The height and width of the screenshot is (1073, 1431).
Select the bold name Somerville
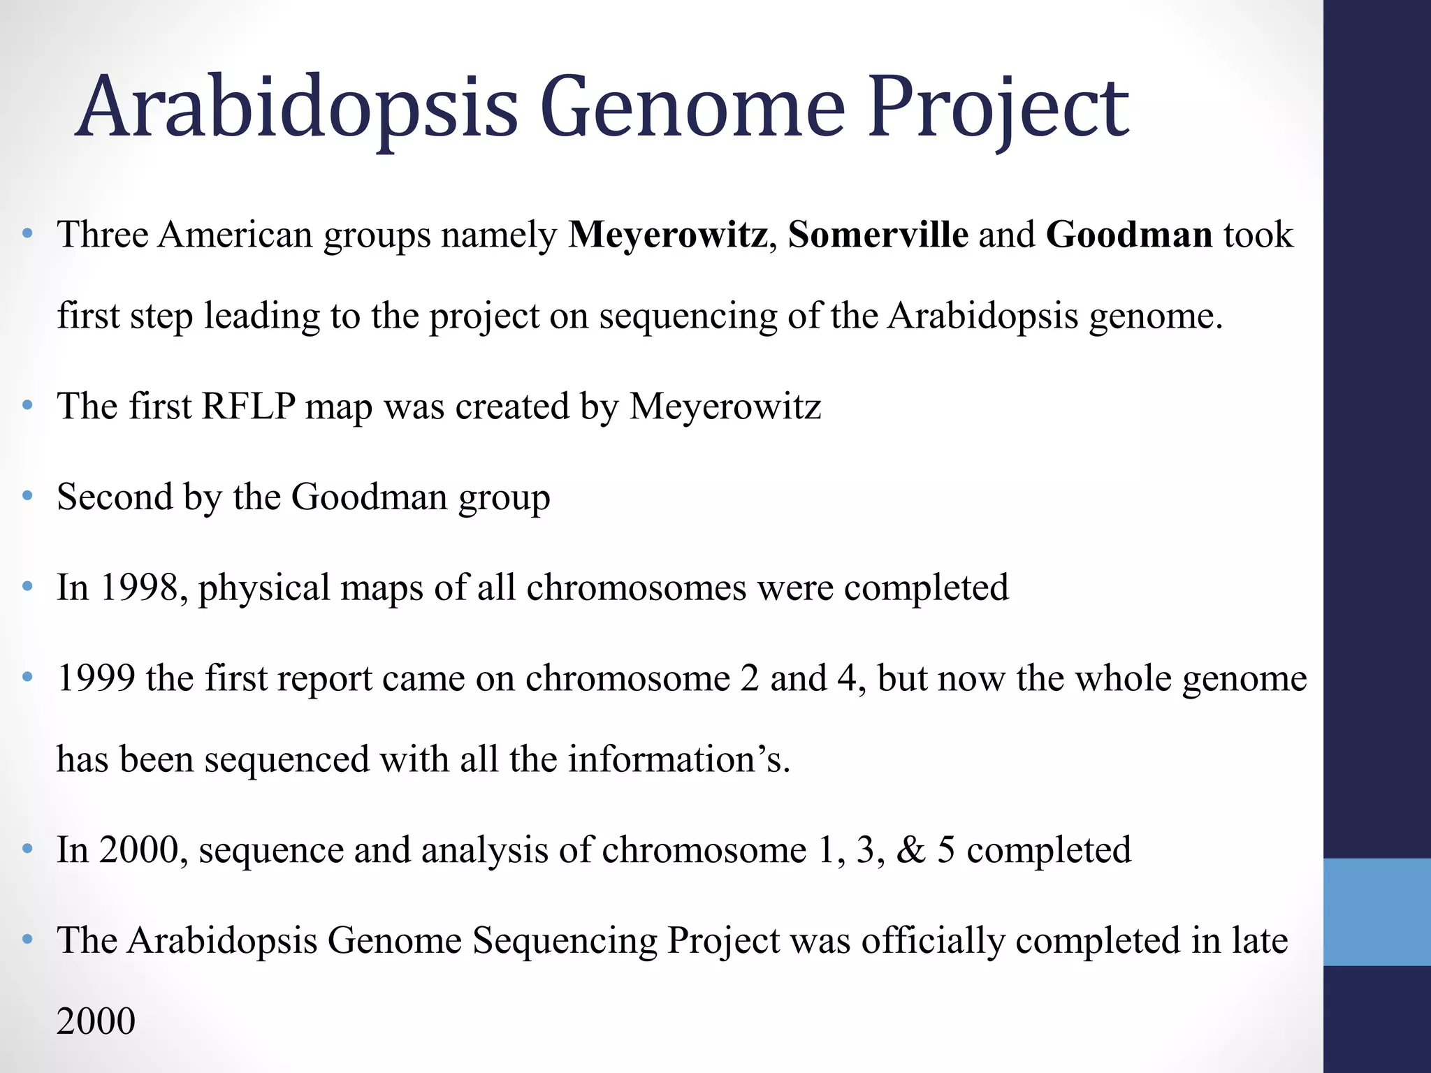(878, 235)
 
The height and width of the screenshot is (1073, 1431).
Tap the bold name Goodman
(1128, 235)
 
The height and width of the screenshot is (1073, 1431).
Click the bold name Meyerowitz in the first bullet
(668, 235)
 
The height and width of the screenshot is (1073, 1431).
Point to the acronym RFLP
(248, 406)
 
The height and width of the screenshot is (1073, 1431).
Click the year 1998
(140, 587)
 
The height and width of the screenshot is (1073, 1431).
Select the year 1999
(96, 678)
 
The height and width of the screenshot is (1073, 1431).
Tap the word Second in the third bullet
(115, 497)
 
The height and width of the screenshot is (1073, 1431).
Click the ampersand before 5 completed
(910, 850)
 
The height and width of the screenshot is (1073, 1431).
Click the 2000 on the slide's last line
(96, 1021)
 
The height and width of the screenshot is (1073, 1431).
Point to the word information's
(678, 759)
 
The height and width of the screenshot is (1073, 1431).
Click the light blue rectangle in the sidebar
(1376, 912)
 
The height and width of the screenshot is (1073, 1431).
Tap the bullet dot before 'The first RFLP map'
(27, 406)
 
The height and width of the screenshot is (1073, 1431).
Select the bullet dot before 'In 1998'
(27, 587)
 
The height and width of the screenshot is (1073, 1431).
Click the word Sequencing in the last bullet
(565, 941)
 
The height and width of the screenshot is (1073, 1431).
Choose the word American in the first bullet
(235, 235)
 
